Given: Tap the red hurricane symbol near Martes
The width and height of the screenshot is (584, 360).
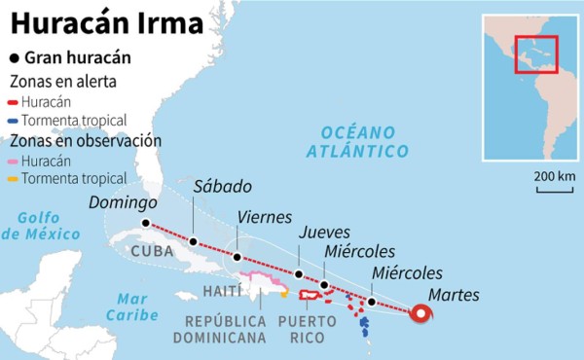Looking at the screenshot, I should (421, 313).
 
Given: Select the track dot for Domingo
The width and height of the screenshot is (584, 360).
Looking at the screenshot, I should (146, 223).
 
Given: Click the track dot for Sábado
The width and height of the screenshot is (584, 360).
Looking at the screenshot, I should (194, 241).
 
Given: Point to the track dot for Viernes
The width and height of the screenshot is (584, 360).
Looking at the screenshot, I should (237, 257).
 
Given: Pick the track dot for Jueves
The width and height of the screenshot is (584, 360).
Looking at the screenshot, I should (299, 275).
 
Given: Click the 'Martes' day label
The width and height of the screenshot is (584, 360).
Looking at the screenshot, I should (454, 295).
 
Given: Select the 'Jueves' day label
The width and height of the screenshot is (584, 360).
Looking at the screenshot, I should (325, 234).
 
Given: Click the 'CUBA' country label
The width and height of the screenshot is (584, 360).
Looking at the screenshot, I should (145, 252).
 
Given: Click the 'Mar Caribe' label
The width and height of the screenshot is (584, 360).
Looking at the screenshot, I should (131, 306).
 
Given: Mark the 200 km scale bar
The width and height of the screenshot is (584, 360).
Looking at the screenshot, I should (553, 190).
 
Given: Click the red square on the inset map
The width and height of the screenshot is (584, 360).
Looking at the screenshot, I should (535, 54).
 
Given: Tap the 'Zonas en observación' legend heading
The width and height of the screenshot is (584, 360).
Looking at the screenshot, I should (85, 140).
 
